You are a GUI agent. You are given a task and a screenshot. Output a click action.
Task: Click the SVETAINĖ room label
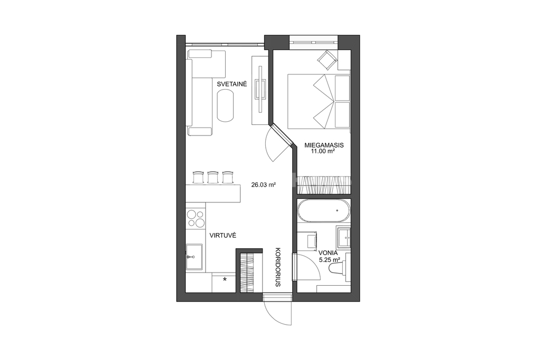[232, 84]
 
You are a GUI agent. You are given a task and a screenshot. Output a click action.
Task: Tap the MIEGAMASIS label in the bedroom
[324, 145]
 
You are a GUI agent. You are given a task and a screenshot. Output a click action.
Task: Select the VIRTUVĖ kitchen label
[223, 236]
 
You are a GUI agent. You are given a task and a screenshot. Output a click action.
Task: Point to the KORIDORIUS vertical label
[278, 267]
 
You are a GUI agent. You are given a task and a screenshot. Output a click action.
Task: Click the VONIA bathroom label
[328, 252]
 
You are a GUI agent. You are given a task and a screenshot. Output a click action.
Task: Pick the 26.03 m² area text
[264, 185]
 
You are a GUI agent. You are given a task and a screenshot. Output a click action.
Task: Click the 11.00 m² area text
[323, 151]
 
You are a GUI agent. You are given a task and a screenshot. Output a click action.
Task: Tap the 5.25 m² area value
[330, 260]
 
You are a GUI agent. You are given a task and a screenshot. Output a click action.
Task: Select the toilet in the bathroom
[337, 268]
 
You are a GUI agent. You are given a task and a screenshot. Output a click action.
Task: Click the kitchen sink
[194, 257]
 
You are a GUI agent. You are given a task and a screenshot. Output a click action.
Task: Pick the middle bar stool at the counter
[213, 177]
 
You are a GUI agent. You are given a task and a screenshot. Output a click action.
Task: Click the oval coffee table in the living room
[226, 105]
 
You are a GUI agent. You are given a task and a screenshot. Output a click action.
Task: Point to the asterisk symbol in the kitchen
[225, 279]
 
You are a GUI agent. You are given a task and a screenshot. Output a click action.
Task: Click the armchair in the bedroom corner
[327, 60]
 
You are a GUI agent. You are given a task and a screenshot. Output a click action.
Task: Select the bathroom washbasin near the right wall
[344, 237]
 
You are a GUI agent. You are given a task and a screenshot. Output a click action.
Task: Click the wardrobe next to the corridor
[248, 273]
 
